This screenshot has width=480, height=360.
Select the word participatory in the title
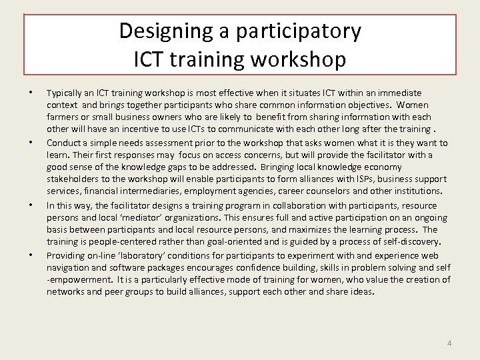tap(291, 31)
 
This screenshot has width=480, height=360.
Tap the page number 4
tap(449, 343)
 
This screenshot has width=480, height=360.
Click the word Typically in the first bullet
tap(65, 93)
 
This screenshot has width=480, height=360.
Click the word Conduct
tap(63, 143)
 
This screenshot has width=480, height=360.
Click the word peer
tap(111, 292)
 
